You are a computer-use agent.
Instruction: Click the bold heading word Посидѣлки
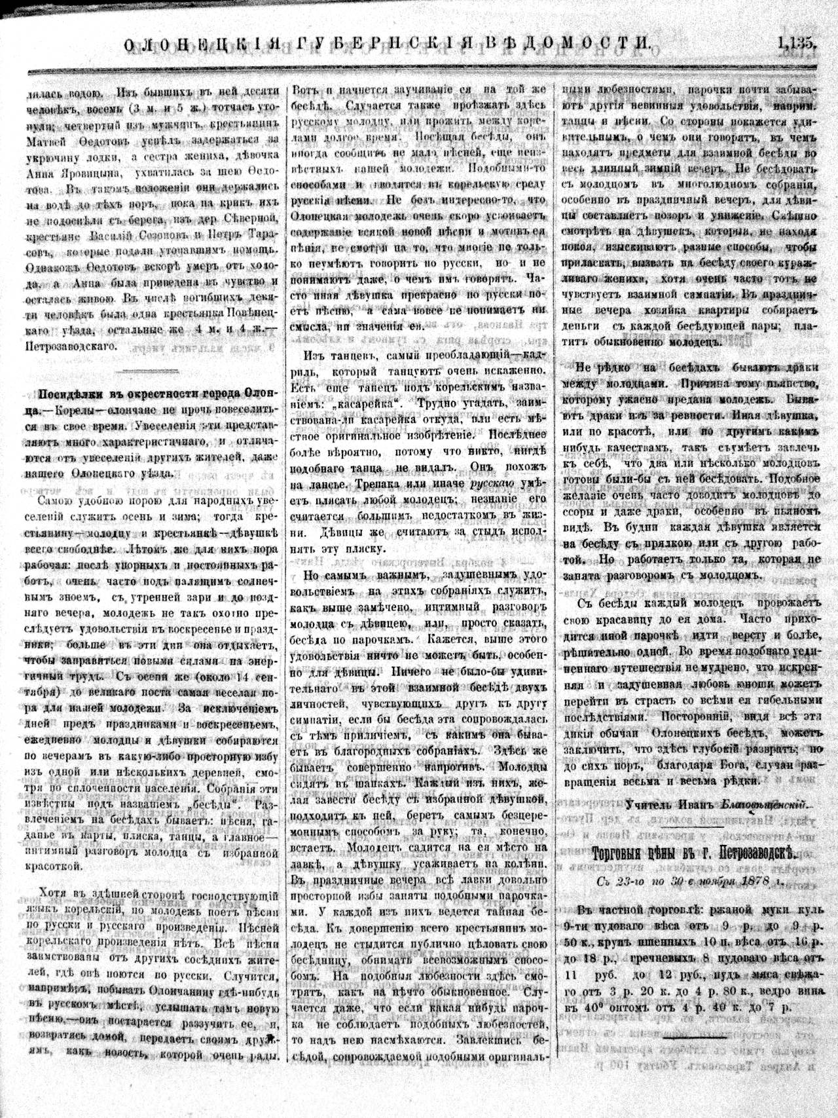(73, 395)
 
